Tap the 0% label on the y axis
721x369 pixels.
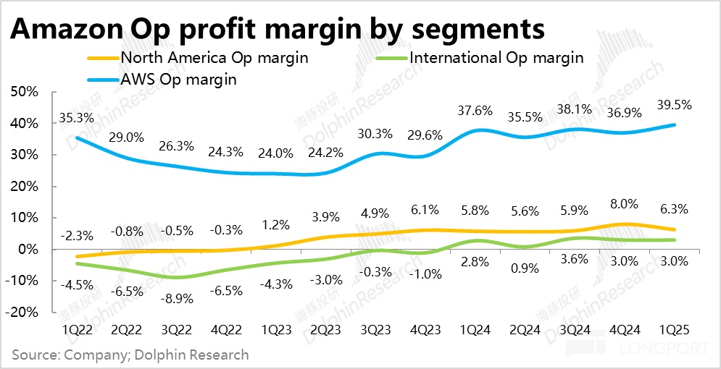tap(36, 249)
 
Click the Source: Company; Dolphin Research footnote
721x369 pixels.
tap(130, 355)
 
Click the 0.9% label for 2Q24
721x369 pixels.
tap(525, 268)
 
